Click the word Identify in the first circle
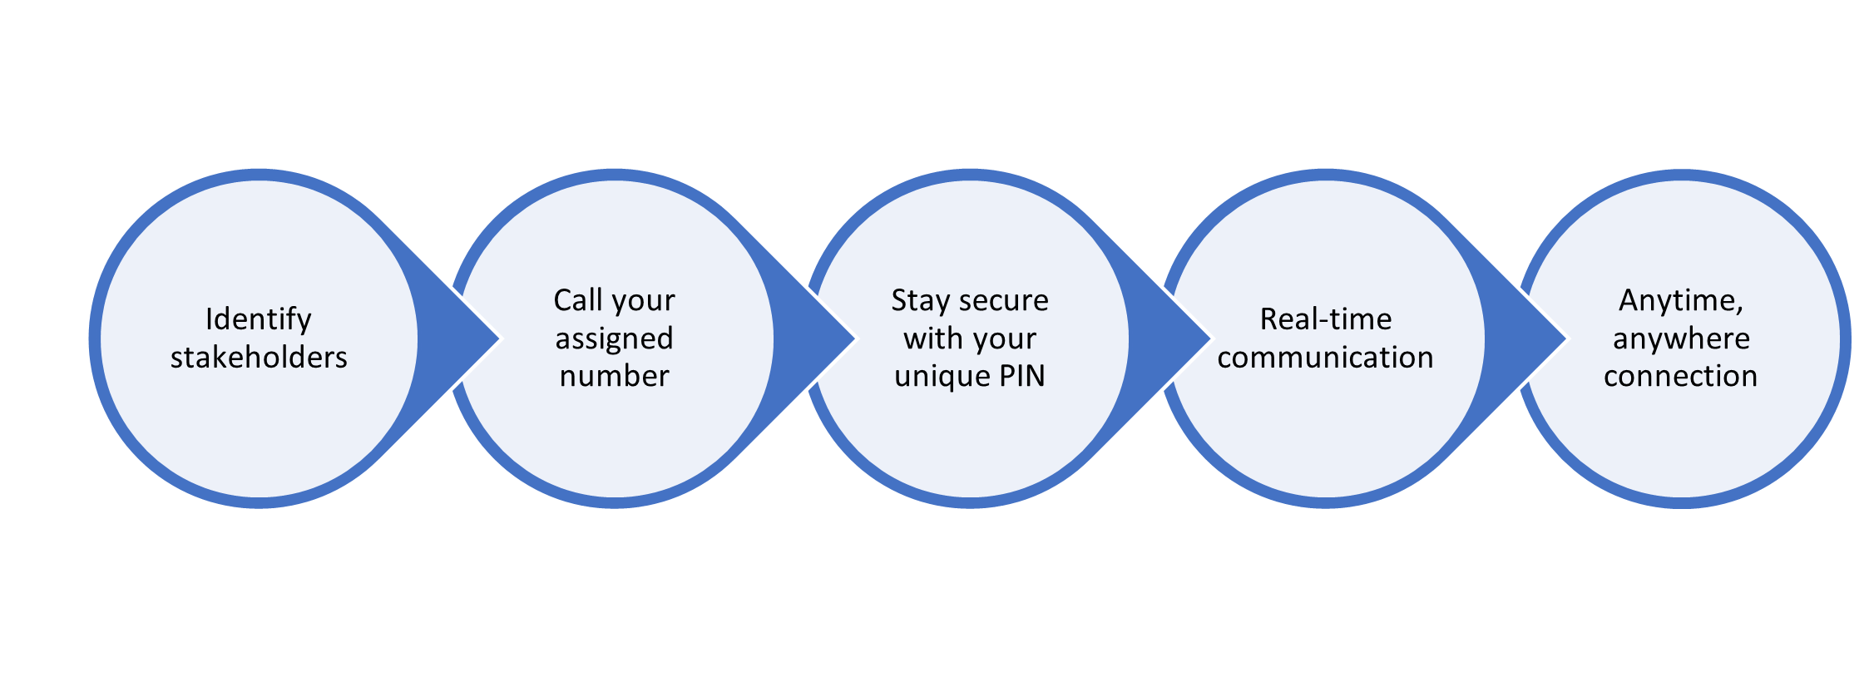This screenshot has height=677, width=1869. [x=259, y=319]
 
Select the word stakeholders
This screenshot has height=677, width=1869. [x=259, y=357]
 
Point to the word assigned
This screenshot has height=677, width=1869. [x=614, y=338]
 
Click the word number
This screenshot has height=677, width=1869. [x=614, y=376]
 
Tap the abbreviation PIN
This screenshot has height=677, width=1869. [x=1022, y=376]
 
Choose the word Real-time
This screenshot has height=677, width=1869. [x=1325, y=319]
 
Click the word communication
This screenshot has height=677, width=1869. [x=1325, y=357]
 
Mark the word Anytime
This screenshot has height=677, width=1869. [x=1680, y=300]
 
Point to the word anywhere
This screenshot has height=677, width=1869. [x=1681, y=338]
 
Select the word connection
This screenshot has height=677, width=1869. [x=1680, y=376]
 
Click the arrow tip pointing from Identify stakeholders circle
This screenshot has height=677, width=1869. [x=499, y=338]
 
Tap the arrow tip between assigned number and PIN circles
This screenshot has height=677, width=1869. [x=855, y=338]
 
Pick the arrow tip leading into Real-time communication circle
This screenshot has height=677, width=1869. [x=1210, y=338]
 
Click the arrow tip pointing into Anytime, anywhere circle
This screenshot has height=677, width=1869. [x=1566, y=338]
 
